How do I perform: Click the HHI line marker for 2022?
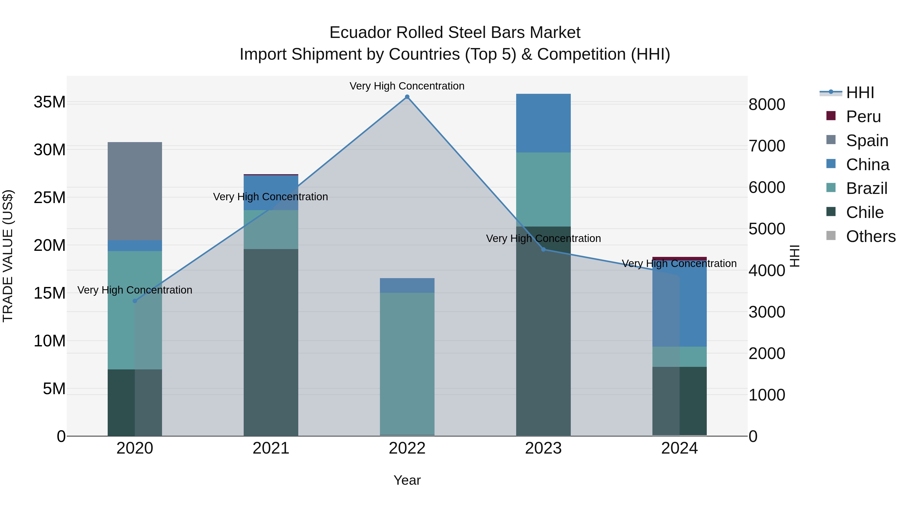(x=407, y=97)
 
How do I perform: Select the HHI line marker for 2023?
(x=543, y=250)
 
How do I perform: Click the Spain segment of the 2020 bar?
(x=134, y=191)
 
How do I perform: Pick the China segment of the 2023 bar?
(x=543, y=123)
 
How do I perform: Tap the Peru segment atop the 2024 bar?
(x=679, y=259)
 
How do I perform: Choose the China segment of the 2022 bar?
(x=407, y=285)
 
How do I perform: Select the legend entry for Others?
(x=870, y=236)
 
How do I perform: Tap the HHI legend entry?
(x=860, y=93)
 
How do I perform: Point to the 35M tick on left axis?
(x=50, y=102)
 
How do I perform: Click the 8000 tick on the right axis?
(x=767, y=105)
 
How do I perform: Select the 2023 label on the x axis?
(x=543, y=448)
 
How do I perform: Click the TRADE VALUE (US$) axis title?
(x=8, y=256)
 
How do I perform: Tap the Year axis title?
(x=407, y=480)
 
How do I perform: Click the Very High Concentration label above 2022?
(x=407, y=86)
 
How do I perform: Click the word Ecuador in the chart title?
(x=360, y=33)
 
